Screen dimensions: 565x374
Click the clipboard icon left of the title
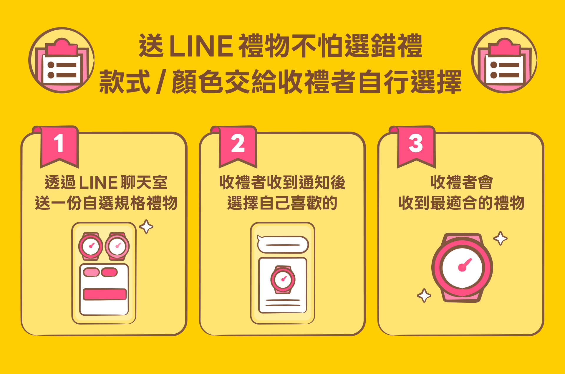[62, 60]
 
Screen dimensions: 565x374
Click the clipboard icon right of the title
[504, 60]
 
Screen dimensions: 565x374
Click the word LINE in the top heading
[201, 46]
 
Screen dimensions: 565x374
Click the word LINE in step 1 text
[98, 183]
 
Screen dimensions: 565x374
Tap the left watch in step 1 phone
[90, 246]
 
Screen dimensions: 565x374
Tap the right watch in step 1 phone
[117, 246]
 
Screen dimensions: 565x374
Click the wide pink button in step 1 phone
[105, 294]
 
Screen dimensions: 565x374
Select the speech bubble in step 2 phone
[283, 244]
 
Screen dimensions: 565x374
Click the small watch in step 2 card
[283, 279]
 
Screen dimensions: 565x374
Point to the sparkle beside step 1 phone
[146, 227]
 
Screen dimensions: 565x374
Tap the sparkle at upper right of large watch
[500, 239]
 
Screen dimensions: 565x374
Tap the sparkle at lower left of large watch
[424, 295]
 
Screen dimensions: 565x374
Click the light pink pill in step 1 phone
[91, 272]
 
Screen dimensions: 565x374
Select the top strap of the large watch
[463, 237]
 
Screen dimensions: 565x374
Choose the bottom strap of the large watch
[462, 296]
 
